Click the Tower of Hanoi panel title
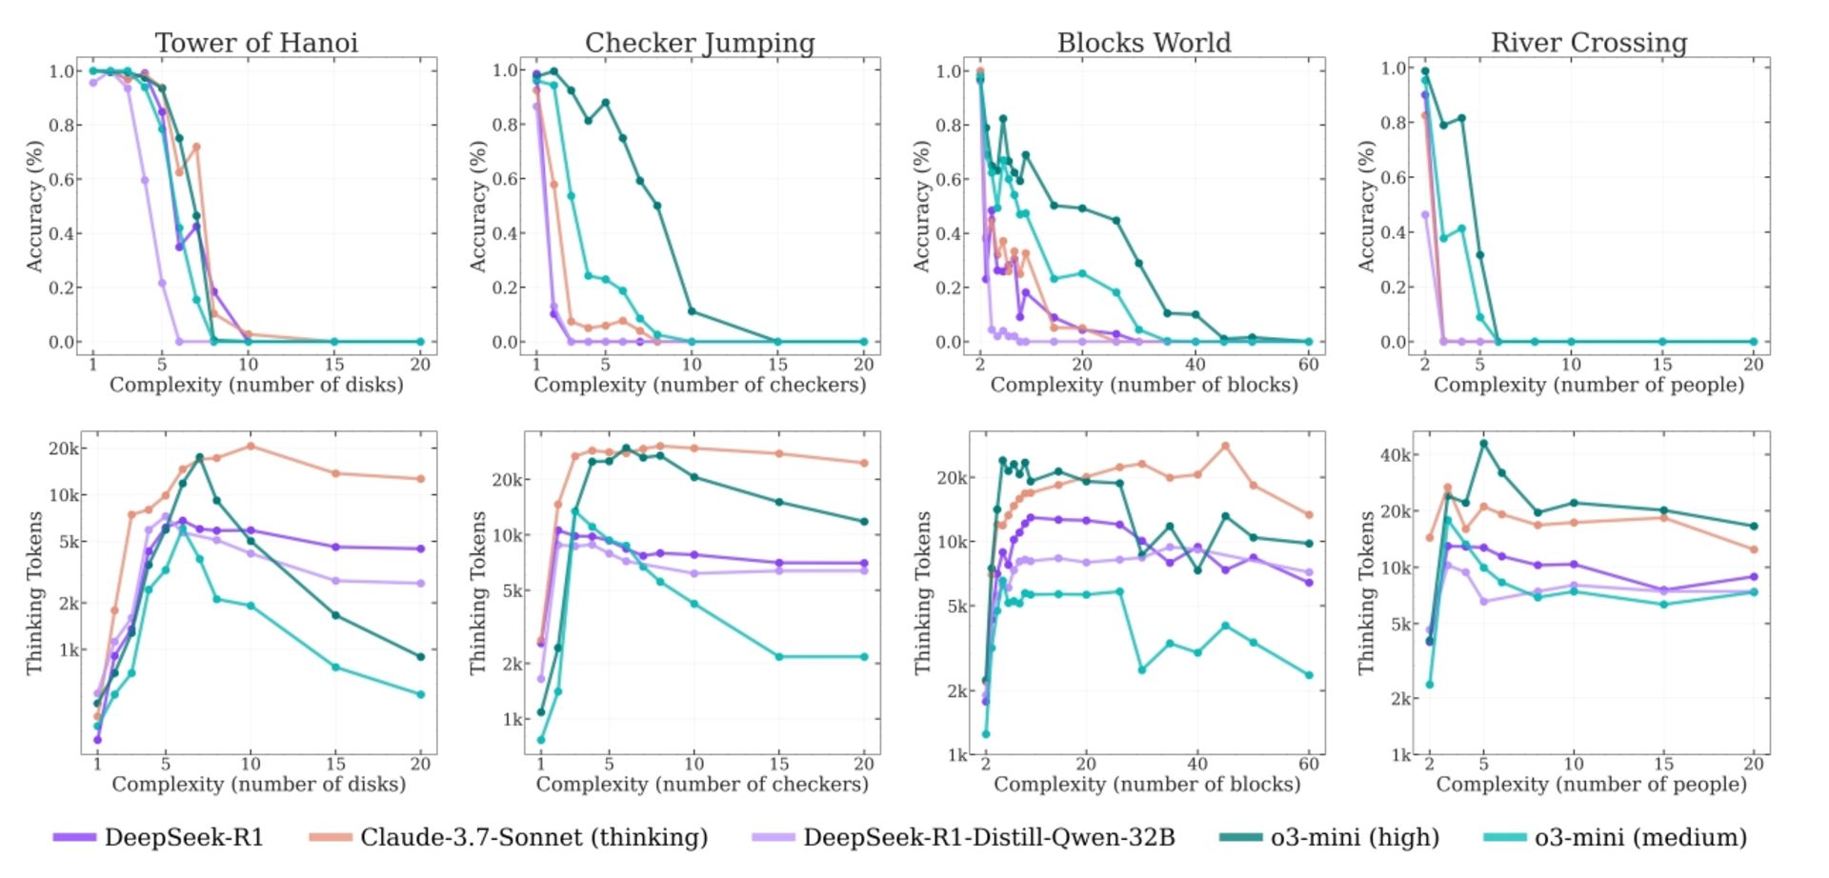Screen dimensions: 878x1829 tap(256, 43)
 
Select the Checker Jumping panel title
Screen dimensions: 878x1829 tap(699, 43)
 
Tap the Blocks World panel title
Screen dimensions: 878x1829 tap(1143, 43)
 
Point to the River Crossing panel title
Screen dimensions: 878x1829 tap(1588, 43)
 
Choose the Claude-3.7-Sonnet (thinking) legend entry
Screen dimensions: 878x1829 tap(533, 837)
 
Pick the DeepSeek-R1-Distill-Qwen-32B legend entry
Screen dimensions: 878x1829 tap(988, 837)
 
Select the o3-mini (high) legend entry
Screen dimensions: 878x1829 tap(1354, 837)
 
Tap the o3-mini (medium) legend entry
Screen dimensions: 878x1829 tap(1639, 837)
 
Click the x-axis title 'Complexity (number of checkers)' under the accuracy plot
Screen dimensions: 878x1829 tap(699, 385)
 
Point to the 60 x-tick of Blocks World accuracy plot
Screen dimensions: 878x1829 tap(1308, 365)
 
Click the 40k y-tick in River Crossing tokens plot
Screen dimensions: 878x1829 tap(1396, 455)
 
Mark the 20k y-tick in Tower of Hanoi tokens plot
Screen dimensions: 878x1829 tap(64, 449)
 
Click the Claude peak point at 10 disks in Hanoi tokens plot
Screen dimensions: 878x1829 tap(251, 446)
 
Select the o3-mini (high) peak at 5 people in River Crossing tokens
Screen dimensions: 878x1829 tap(1483, 443)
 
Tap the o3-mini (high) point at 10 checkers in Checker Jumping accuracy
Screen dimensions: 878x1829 tap(692, 311)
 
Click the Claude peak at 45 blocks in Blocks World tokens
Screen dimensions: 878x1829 tap(1225, 446)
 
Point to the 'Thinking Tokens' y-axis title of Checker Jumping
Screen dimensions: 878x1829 tap(479, 592)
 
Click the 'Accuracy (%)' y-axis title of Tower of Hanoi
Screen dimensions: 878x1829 tap(35, 206)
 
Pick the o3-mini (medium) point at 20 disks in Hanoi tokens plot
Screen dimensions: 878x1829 tap(420, 694)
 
